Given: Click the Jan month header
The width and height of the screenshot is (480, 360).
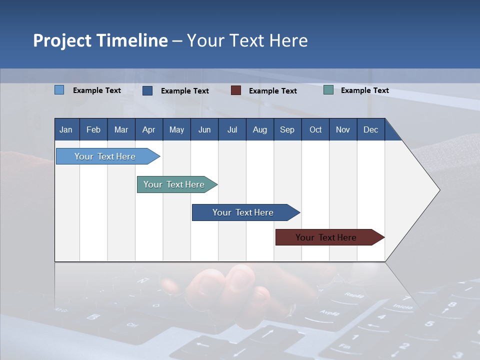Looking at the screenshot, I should point(66,129).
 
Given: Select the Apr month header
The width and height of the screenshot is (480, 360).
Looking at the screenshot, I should point(149,129).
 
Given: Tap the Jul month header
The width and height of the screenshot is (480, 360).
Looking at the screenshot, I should point(232,129).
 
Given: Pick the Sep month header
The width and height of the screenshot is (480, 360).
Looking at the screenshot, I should point(287,129).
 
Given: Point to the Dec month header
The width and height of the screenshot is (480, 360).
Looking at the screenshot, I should point(370,129).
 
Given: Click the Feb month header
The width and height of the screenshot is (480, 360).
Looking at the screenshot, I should point(93,129).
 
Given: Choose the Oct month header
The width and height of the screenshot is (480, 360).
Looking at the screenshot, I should point(315,129).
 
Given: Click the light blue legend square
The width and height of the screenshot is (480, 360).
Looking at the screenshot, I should point(59,90).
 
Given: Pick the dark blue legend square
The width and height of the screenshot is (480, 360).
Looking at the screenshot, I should point(147,90).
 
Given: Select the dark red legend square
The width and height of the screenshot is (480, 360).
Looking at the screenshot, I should point(236,90).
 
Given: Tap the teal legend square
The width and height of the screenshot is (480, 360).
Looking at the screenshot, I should point(328,90).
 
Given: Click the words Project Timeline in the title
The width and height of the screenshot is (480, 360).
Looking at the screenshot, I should point(100,40).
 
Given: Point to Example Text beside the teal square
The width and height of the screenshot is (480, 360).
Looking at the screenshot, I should point(364,90).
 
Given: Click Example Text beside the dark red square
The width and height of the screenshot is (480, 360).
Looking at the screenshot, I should point(272,91).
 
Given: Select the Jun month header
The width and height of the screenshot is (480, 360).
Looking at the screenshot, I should point(204,129).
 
